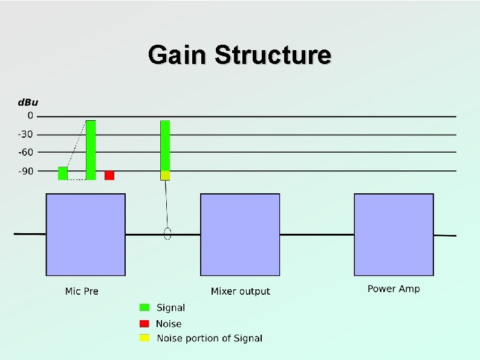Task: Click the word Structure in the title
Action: click(273, 55)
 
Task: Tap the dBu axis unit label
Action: click(27, 103)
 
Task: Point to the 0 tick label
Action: click(30, 115)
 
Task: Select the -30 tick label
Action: click(27, 134)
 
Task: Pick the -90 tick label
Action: click(27, 171)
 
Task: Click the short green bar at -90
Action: click(63, 173)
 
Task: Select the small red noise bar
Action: click(109, 175)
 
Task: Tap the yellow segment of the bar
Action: click(165, 175)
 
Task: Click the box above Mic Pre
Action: click(86, 234)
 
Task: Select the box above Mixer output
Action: click(240, 234)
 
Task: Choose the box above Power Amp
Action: click(394, 234)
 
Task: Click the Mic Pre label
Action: click(82, 291)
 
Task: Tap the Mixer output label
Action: click(241, 291)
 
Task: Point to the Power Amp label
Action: click(394, 289)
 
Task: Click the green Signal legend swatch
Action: click(144, 307)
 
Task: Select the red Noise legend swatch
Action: click(144, 323)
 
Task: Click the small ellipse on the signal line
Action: click(168, 234)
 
